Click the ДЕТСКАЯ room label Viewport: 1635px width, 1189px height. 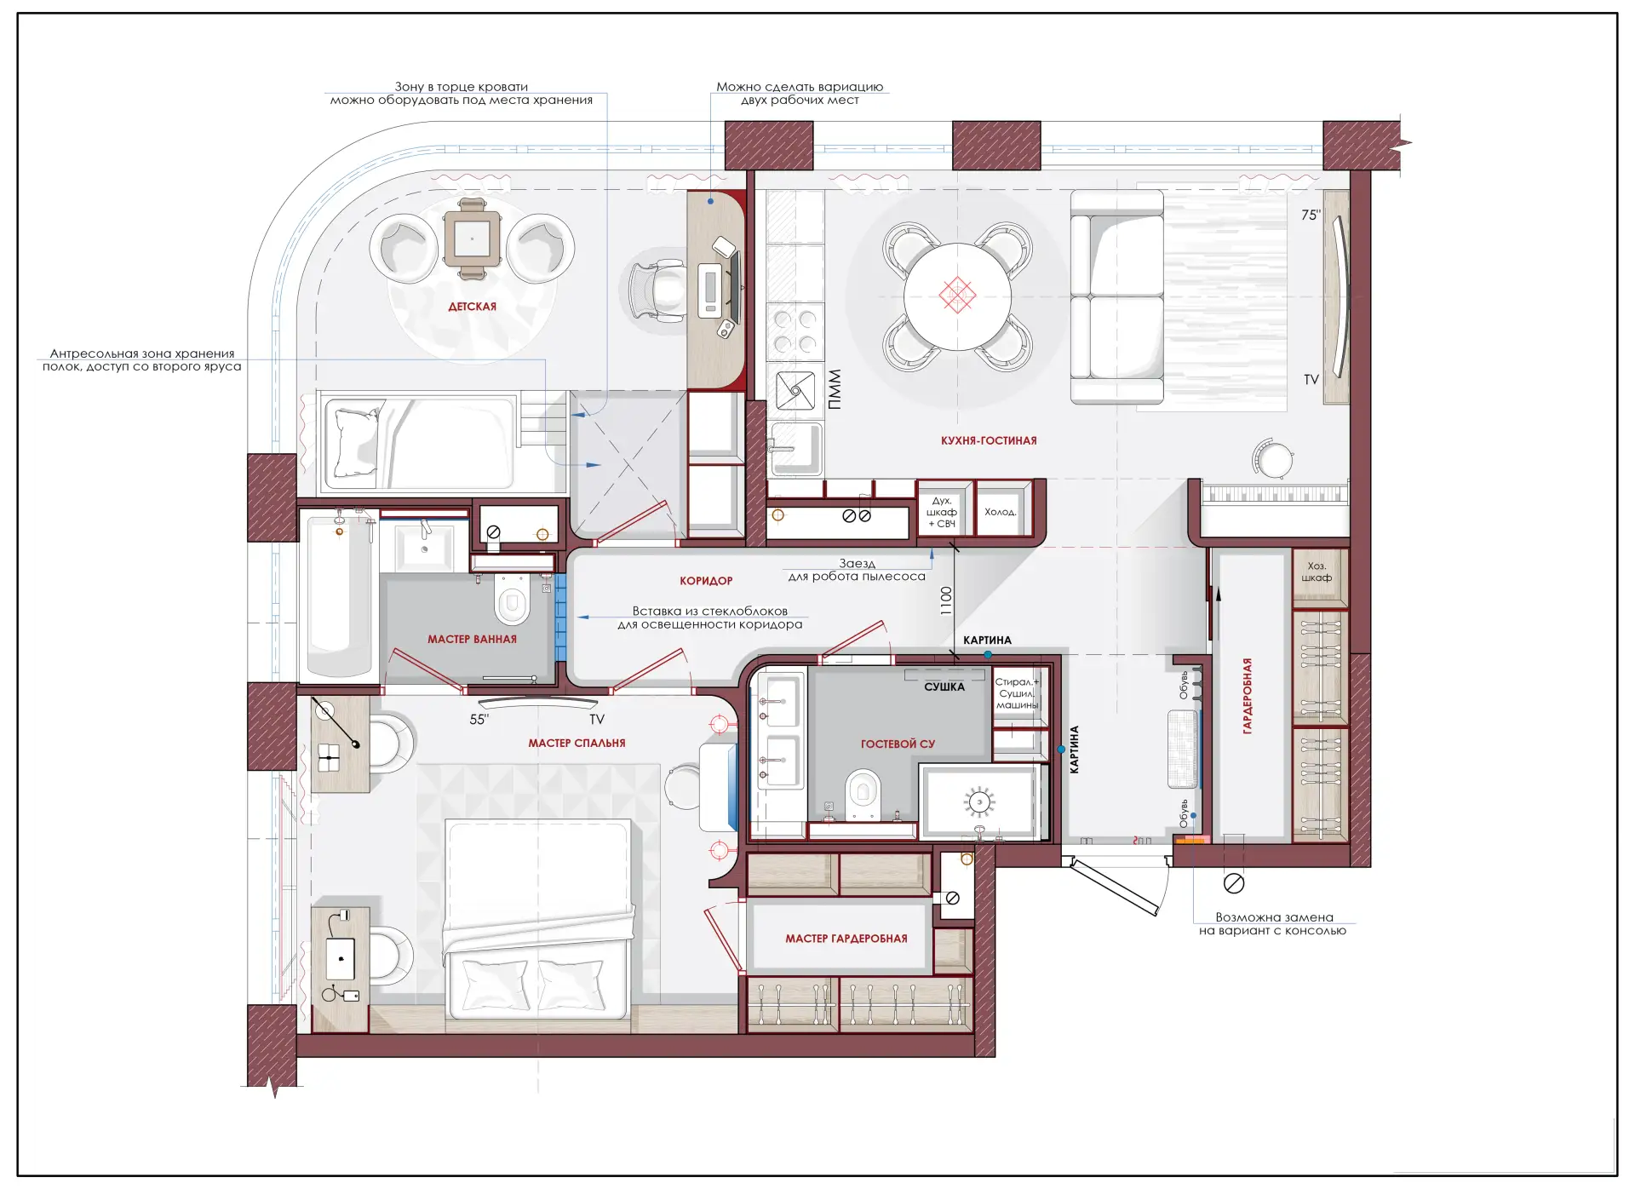[x=472, y=307]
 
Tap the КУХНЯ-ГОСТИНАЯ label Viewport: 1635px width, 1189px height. [x=989, y=440]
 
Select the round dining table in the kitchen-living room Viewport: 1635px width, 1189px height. [x=957, y=296]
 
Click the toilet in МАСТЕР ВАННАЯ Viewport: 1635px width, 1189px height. [x=512, y=599]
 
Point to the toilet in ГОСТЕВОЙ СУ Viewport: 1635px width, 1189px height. [x=863, y=794]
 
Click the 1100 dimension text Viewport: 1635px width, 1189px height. [x=946, y=600]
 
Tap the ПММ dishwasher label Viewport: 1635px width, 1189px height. [x=835, y=389]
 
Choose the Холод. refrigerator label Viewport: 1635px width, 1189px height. [x=1001, y=512]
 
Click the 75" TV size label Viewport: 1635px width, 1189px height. [x=1311, y=215]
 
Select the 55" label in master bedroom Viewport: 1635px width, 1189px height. [x=479, y=720]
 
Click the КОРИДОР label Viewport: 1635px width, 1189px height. [x=706, y=581]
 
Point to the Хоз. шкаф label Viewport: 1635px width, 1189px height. [x=1317, y=572]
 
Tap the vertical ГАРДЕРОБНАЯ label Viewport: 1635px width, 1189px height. [x=1248, y=696]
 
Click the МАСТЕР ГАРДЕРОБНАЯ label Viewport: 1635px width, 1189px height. [x=846, y=939]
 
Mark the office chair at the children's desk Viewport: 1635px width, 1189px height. [x=657, y=290]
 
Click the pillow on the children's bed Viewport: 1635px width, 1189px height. [x=356, y=442]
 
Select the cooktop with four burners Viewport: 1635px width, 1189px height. [x=795, y=331]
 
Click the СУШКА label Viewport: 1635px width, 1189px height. [x=944, y=686]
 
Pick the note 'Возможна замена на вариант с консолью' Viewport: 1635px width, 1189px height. [x=1273, y=924]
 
